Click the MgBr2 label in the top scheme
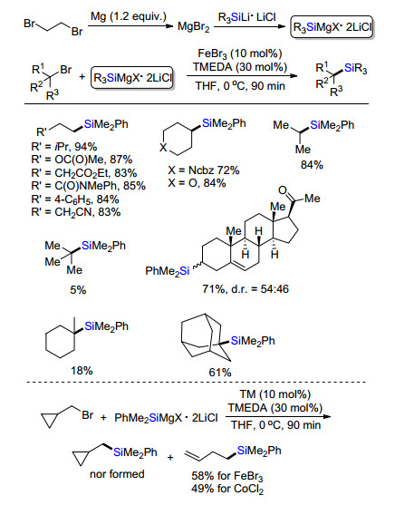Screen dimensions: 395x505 pyautogui.click(x=194, y=26)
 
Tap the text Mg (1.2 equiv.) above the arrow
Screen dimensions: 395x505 pyautogui.click(x=128, y=16)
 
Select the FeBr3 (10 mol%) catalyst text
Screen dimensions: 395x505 pyautogui.click(x=240, y=53)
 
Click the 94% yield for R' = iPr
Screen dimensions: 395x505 pyautogui.click(x=86, y=147)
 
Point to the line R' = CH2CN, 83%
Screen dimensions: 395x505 pyautogui.click(x=76, y=212)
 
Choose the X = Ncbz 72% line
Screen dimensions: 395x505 pyautogui.click(x=204, y=170)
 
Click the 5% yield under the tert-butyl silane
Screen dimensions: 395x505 pyautogui.click(x=78, y=290)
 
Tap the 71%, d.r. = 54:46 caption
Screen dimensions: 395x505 pyautogui.click(x=246, y=289)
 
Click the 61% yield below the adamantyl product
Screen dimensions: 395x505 pyautogui.click(x=220, y=373)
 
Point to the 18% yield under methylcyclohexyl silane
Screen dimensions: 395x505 pyautogui.click(x=82, y=371)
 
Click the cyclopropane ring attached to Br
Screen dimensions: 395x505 pyautogui.click(x=51, y=421)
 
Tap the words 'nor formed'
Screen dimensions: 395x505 pyautogui.click(x=117, y=474)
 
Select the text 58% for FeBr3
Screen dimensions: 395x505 pyautogui.click(x=227, y=476)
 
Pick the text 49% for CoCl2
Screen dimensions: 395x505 pyautogui.click(x=227, y=489)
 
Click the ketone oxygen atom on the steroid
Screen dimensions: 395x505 pyautogui.click(x=283, y=190)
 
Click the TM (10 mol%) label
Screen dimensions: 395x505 pyautogui.click(x=275, y=394)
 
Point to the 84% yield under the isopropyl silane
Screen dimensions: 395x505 pyautogui.click(x=312, y=165)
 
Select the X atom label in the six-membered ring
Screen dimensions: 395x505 pyautogui.click(x=164, y=148)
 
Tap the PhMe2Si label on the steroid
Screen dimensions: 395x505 pyautogui.click(x=168, y=271)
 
